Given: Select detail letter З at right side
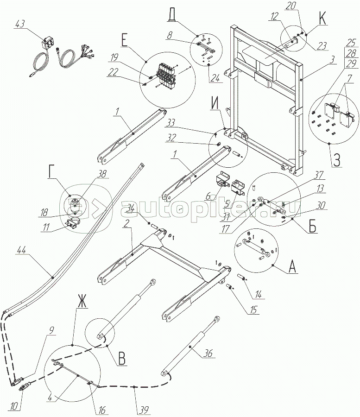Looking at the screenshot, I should tap(337, 163).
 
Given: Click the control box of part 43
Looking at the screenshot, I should tap(46, 45).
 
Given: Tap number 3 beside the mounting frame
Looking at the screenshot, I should tap(318, 60).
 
